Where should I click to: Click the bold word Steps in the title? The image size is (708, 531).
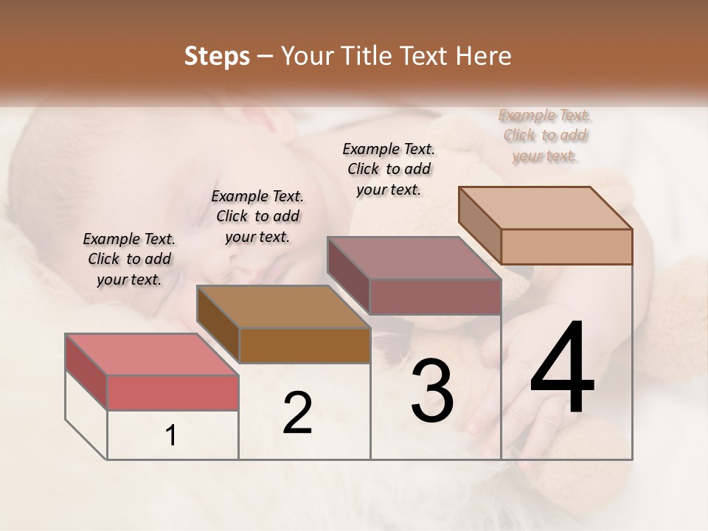[x=217, y=56]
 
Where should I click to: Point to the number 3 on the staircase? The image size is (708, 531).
[x=431, y=391]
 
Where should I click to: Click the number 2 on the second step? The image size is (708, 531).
[x=297, y=413]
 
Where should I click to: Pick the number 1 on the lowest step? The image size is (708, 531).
[x=171, y=436]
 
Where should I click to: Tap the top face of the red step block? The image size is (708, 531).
[x=152, y=355]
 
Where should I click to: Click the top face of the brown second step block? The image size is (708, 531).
[x=283, y=307]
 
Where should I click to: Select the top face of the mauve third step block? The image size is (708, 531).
[x=414, y=258]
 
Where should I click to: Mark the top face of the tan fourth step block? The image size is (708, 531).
[x=546, y=208]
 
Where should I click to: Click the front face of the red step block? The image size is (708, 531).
[x=173, y=392]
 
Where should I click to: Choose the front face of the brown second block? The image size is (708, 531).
[x=304, y=345]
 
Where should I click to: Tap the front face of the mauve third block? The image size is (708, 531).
[x=435, y=296]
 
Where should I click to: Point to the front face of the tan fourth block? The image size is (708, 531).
[x=566, y=246]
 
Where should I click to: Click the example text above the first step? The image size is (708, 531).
[x=129, y=259]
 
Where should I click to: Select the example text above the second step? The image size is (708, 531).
[x=257, y=216]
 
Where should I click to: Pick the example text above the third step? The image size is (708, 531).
[x=389, y=169]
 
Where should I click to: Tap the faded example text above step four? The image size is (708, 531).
[x=545, y=136]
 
